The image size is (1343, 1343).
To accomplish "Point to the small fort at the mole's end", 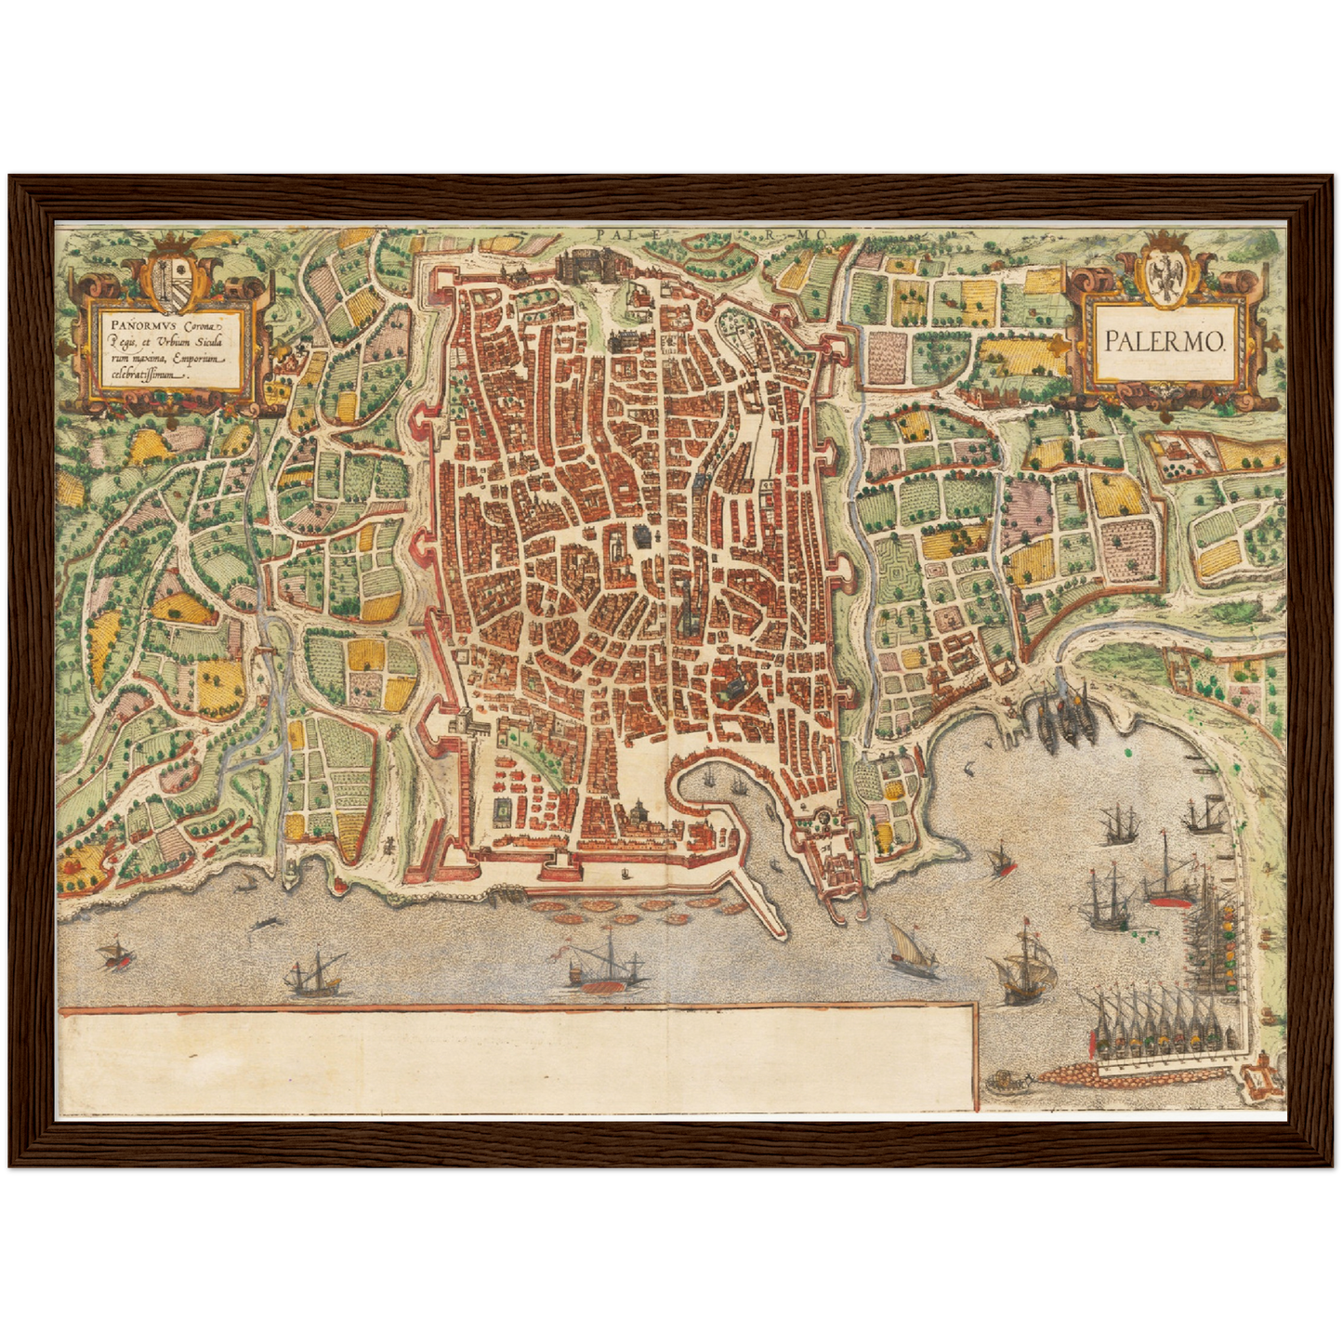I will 1262,1079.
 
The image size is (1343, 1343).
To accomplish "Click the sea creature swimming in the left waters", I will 267,921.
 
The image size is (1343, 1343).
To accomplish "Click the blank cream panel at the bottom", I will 516,1060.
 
